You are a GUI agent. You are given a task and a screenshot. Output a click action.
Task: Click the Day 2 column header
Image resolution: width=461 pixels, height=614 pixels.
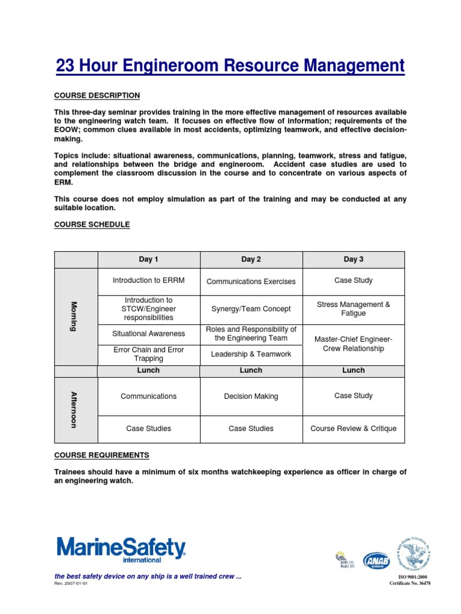coord(251,260)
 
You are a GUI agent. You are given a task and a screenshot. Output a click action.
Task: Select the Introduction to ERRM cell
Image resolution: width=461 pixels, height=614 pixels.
coord(148,281)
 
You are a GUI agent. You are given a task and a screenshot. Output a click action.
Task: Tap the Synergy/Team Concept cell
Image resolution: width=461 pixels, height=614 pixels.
coord(251,309)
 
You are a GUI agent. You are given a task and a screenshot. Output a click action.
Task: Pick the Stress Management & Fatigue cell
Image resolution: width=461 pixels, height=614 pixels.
coord(353,309)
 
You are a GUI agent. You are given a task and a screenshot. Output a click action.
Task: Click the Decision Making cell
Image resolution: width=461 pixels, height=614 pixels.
coord(251,396)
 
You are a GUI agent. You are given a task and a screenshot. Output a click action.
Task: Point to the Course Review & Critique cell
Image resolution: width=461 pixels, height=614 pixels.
coord(353,429)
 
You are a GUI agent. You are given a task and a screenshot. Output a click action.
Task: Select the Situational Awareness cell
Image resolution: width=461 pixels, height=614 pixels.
coord(148,333)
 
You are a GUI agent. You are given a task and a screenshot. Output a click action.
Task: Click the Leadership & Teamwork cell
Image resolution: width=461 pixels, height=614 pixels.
coord(251,354)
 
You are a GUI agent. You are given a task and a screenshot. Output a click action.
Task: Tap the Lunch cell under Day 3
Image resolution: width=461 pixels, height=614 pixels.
coord(353,371)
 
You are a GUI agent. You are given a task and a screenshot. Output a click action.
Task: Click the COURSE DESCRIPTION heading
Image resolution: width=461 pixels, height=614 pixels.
coord(97,95)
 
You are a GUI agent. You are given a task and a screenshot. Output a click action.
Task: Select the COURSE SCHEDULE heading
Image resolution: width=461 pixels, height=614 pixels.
coord(92,224)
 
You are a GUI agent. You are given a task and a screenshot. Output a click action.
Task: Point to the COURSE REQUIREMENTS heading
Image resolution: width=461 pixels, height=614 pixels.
coord(101,455)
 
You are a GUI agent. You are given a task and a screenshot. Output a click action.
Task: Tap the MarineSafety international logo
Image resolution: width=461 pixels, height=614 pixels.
coord(121,549)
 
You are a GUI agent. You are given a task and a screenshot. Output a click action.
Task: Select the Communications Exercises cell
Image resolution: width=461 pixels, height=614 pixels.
coord(251,281)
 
